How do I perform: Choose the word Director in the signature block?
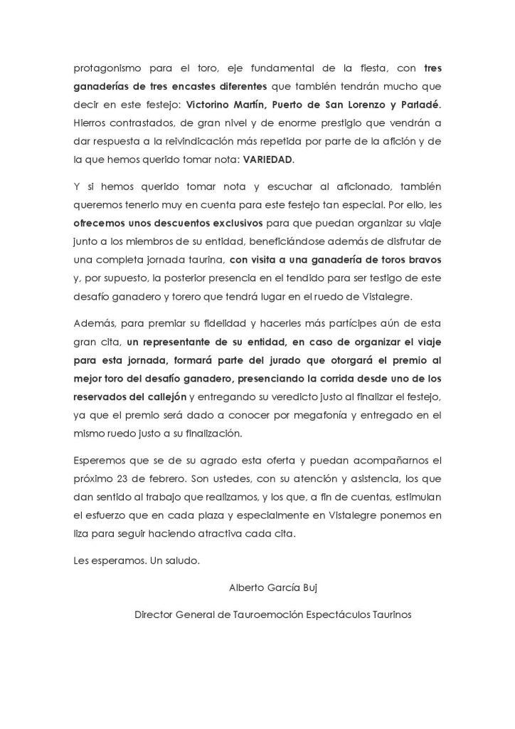pyautogui.click(x=154, y=614)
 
